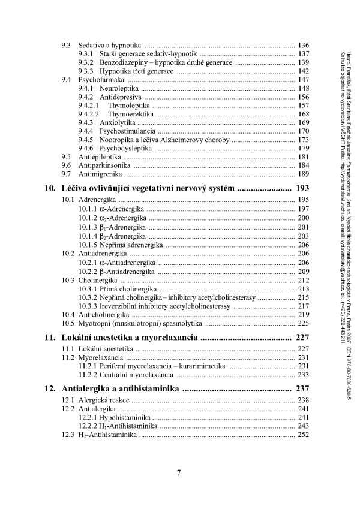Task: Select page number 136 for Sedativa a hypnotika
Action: pos(303,46)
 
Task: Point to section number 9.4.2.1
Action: pos(89,105)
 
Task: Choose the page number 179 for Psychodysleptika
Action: pos(303,148)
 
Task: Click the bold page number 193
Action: pos(302,188)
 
